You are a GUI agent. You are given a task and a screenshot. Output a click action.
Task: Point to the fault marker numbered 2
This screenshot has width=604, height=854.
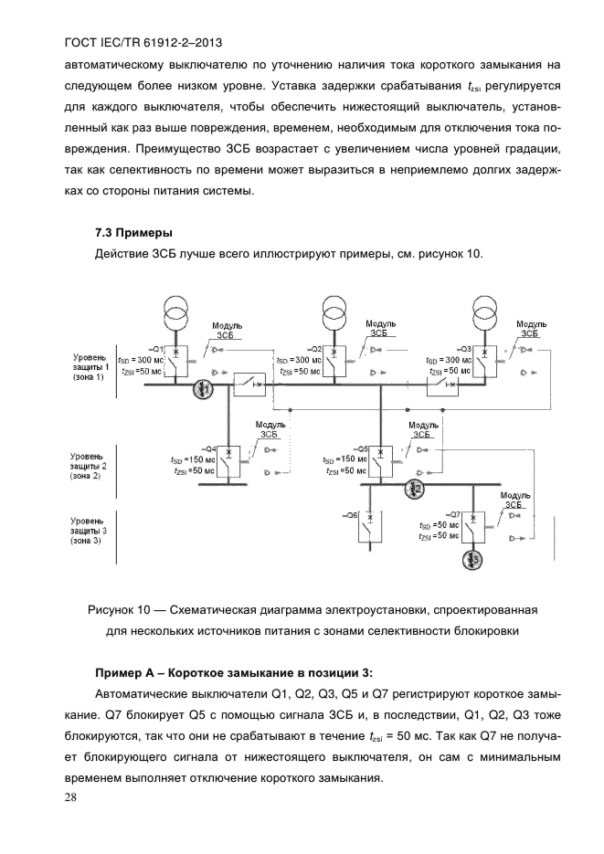[x=415, y=490]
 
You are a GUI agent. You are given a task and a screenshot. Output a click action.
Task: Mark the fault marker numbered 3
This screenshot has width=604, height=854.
[x=476, y=558]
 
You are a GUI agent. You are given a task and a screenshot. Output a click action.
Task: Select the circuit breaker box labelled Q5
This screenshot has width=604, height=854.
[x=382, y=459]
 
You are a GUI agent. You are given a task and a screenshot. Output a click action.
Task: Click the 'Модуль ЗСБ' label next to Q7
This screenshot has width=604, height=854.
[x=514, y=499]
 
